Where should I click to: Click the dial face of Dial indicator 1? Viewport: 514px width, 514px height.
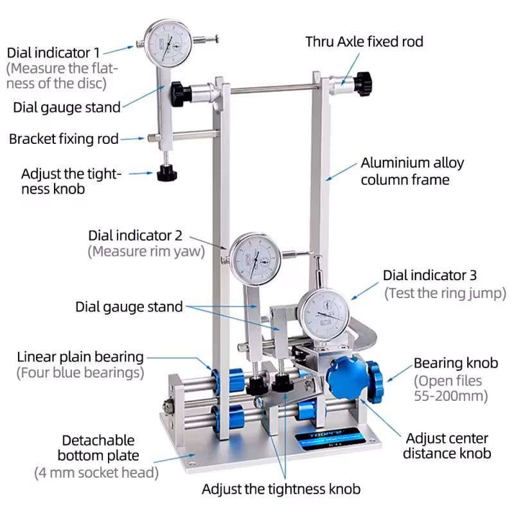(168, 43)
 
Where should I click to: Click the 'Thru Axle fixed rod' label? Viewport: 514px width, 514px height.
(364, 42)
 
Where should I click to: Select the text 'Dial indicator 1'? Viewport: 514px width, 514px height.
(53, 52)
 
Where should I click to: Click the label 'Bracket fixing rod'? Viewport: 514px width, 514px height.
(64, 139)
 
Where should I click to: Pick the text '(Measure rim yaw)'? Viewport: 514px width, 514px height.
(146, 251)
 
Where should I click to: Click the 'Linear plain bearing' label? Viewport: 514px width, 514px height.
(80, 356)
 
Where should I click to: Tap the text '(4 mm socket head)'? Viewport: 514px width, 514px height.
(96, 473)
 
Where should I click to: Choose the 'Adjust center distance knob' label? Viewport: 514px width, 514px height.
(447, 446)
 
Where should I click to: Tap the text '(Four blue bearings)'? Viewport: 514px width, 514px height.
(80, 372)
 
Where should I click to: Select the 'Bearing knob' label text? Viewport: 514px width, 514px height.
(455, 363)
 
